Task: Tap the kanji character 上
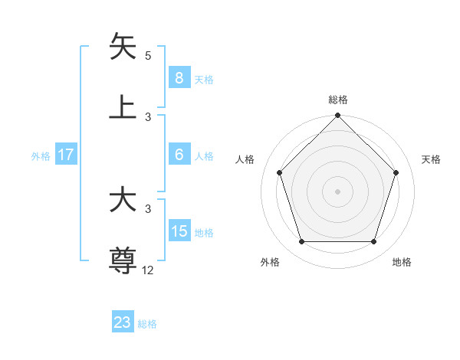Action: (123, 106)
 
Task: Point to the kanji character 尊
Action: (123, 260)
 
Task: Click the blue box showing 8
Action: (179, 78)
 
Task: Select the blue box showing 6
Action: (179, 155)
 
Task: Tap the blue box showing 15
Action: (179, 231)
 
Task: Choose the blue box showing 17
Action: (65, 155)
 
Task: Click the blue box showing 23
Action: (123, 322)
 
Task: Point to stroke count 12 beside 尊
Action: (149, 270)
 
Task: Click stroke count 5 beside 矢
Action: (148, 55)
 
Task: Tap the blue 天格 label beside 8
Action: (204, 79)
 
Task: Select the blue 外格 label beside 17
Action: (41, 155)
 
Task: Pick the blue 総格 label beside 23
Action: (148, 323)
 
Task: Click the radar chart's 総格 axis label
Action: (338, 100)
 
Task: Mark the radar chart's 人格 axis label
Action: (245, 159)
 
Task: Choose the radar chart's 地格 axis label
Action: (402, 262)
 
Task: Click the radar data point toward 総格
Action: (338, 116)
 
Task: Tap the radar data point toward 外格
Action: (301, 242)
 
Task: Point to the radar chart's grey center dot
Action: (338, 191)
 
